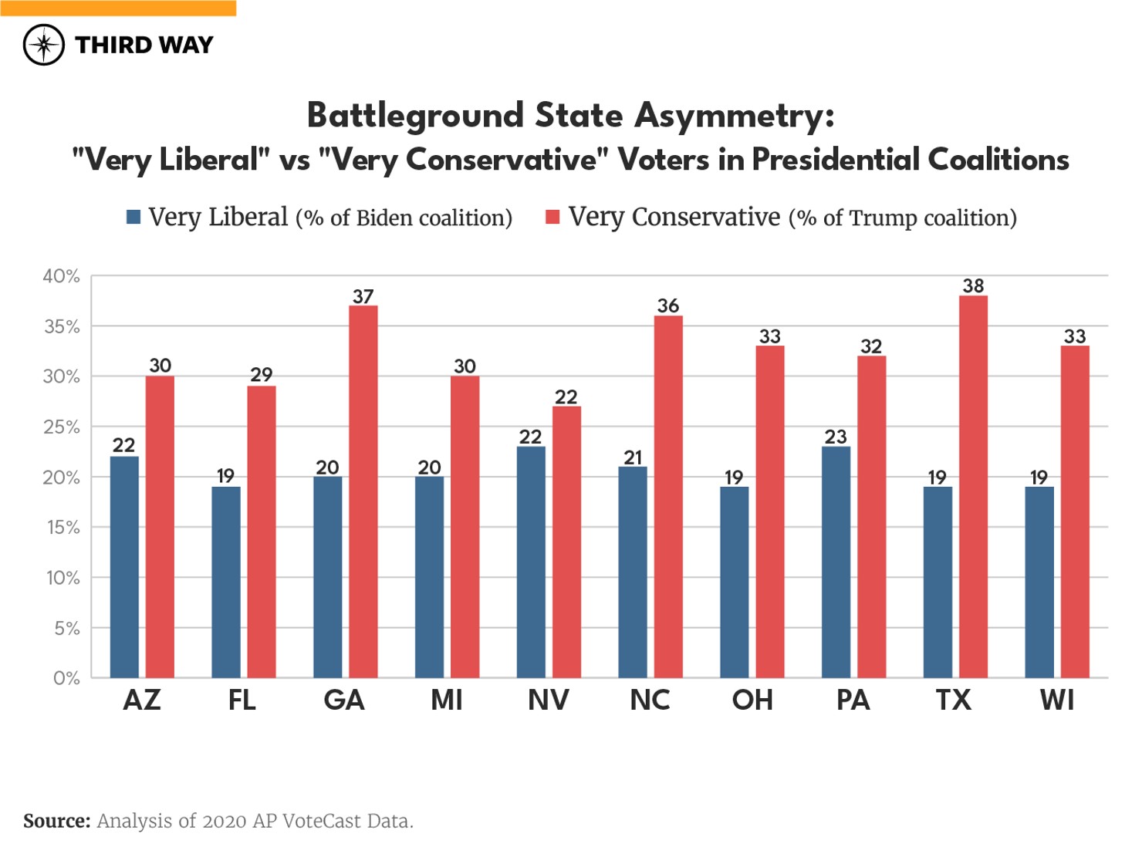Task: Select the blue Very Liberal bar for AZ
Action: (x=124, y=567)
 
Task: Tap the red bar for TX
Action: (x=973, y=487)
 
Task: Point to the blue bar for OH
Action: (x=734, y=582)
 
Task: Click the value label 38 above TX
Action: (x=973, y=286)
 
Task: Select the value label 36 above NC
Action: (x=668, y=306)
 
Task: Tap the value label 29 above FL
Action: (x=262, y=375)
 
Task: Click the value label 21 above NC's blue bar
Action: (x=633, y=457)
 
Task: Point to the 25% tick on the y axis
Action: (x=62, y=427)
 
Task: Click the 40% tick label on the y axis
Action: (x=62, y=276)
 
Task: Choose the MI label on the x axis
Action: (x=447, y=700)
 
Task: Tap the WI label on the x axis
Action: (x=1056, y=700)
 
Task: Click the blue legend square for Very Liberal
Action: (x=133, y=218)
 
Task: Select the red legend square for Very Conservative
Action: (x=552, y=218)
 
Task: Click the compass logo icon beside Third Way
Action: (x=43, y=45)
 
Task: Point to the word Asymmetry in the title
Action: (x=734, y=116)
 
